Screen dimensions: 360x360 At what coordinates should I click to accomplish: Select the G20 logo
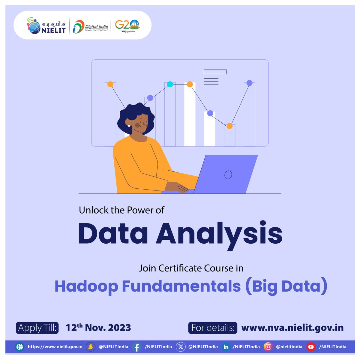click(x=127, y=25)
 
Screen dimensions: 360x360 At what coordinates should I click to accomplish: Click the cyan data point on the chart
click(x=170, y=84)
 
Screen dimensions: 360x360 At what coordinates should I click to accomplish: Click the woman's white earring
click(x=129, y=126)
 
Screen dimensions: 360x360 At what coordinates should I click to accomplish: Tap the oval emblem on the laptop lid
click(x=228, y=175)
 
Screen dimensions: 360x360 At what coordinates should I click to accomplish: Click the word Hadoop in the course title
click(x=86, y=286)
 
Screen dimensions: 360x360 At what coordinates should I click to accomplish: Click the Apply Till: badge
click(x=37, y=328)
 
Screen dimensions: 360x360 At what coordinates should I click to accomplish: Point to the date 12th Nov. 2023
click(x=98, y=327)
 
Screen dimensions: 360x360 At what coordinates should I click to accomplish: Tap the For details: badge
click(x=213, y=328)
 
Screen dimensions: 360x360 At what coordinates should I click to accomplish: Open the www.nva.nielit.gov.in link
click(x=292, y=328)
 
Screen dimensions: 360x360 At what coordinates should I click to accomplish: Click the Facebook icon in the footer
click(x=136, y=347)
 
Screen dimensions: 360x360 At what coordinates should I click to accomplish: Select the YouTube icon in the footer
click(x=311, y=347)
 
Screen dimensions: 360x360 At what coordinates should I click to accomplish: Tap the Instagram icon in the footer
click(x=268, y=347)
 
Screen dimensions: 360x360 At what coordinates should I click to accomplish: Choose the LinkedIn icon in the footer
click(x=226, y=347)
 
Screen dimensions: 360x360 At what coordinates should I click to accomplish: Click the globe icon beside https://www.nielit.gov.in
click(x=19, y=347)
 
